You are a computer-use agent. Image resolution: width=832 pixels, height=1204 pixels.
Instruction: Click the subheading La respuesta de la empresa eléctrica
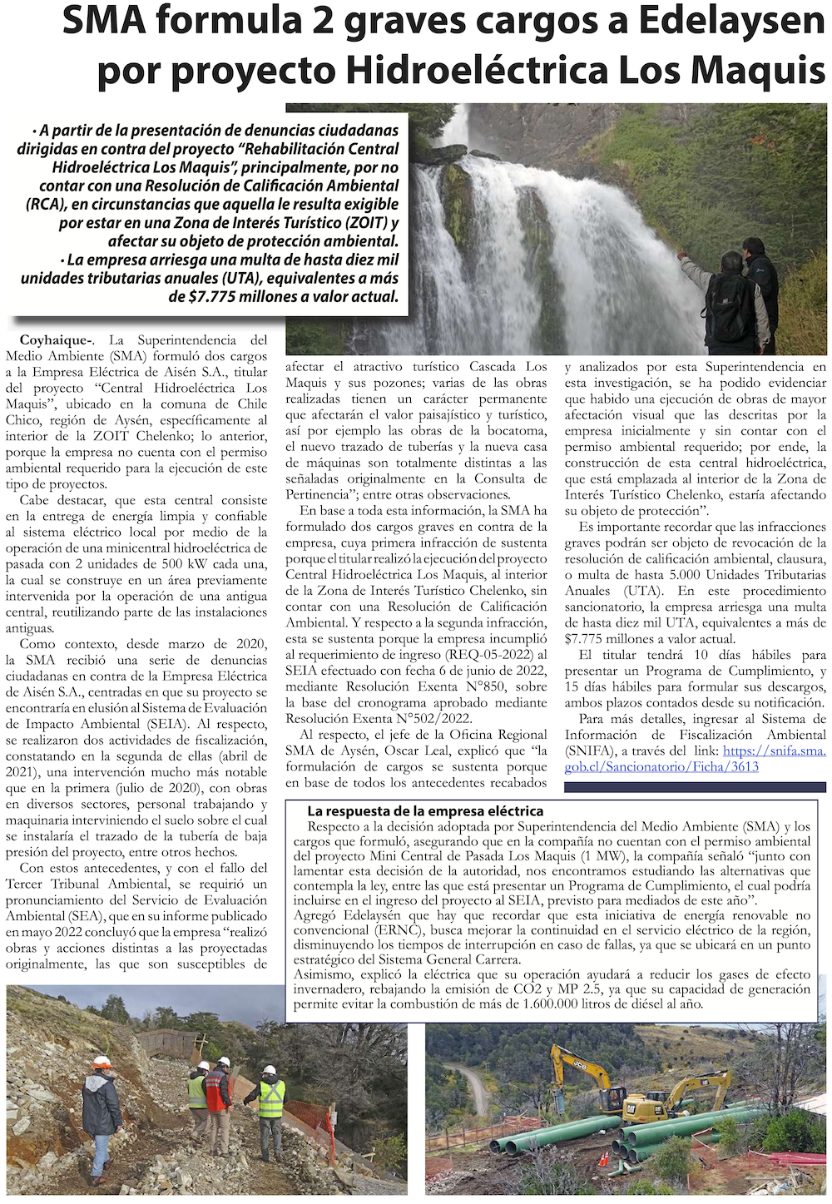tap(425, 810)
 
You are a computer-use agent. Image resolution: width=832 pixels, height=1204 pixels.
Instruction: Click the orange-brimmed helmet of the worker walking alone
tap(102, 1062)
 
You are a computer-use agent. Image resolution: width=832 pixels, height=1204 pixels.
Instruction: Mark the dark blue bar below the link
tap(696, 786)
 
